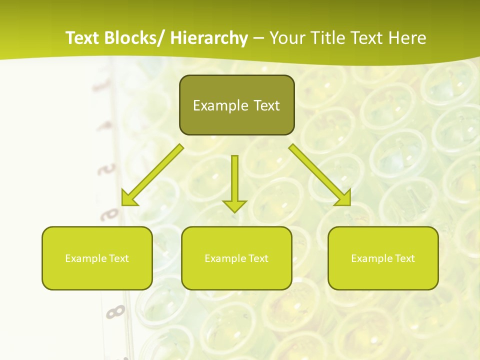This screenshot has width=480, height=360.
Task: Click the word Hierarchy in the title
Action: coord(209,38)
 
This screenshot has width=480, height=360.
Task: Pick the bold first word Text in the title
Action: coord(83,38)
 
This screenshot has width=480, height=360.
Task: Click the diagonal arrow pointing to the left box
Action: coord(153,175)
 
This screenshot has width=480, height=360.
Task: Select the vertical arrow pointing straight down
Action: coord(234,180)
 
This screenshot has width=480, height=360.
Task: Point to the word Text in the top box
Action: coord(266,105)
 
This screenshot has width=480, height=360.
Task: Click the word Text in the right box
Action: coord(404,258)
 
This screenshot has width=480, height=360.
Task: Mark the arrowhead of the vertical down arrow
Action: coord(234,205)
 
